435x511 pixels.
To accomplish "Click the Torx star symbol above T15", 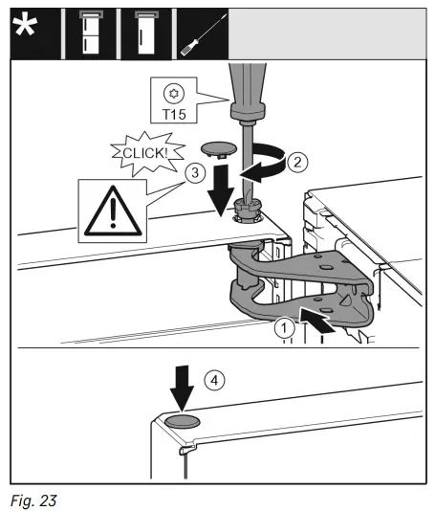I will [172, 95].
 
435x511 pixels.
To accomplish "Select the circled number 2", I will [297, 163].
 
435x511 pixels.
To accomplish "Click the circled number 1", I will [280, 328].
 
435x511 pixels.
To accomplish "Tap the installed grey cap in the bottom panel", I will [181, 420].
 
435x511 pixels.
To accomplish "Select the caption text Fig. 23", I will [34, 499].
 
